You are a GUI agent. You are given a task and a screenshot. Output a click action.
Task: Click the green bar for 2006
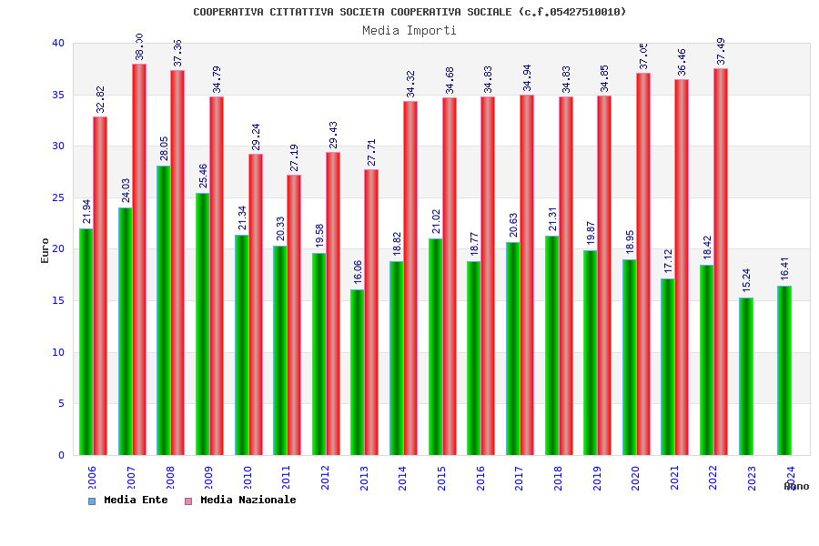point(86,341)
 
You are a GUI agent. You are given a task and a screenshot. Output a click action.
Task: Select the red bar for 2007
point(139,259)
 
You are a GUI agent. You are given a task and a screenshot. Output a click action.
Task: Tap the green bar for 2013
point(357,372)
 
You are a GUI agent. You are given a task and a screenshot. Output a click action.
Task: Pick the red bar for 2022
point(721,262)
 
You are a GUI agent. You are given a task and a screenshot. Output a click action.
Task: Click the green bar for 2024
point(784,370)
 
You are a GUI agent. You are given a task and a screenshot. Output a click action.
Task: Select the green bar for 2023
point(745,376)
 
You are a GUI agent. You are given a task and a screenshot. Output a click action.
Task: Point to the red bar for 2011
point(294,315)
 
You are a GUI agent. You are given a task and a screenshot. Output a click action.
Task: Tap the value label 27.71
point(371,153)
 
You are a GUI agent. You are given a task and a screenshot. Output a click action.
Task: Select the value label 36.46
point(682,62)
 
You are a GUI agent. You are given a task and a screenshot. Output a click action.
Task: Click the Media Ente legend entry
point(128,500)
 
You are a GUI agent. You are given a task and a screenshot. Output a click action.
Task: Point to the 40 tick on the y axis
point(58,43)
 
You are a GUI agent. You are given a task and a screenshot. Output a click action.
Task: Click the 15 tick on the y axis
point(58,300)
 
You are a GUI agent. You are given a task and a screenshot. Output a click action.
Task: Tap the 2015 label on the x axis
point(441,478)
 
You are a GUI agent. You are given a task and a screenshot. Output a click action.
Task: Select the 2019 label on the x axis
point(597,478)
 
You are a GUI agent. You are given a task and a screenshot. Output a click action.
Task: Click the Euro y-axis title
point(45,250)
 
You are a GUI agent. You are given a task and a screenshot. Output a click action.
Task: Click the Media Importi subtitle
point(409,30)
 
